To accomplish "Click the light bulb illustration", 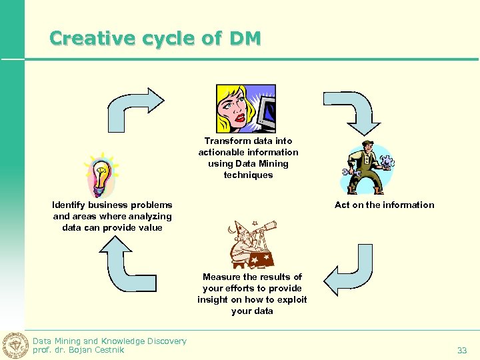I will coord(101,175).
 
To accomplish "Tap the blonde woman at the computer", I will coord(245,109).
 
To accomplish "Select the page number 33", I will coord(461,350).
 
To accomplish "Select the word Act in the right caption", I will coord(342,205).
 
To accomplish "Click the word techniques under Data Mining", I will coord(248,175).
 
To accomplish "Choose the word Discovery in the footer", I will coord(164,341).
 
